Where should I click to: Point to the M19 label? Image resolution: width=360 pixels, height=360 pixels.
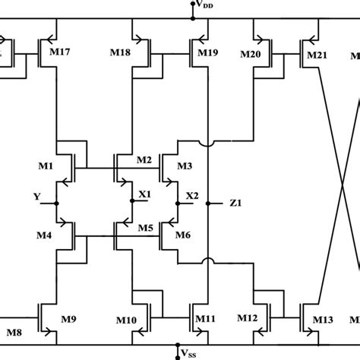[x=208, y=53]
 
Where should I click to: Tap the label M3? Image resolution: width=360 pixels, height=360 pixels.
[x=185, y=166]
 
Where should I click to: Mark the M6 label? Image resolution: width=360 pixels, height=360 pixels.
[x=183, y=235]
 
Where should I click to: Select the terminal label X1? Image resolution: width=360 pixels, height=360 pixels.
[x=145, y=194]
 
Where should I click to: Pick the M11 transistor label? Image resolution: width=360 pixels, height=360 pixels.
[x=207, y=319]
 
